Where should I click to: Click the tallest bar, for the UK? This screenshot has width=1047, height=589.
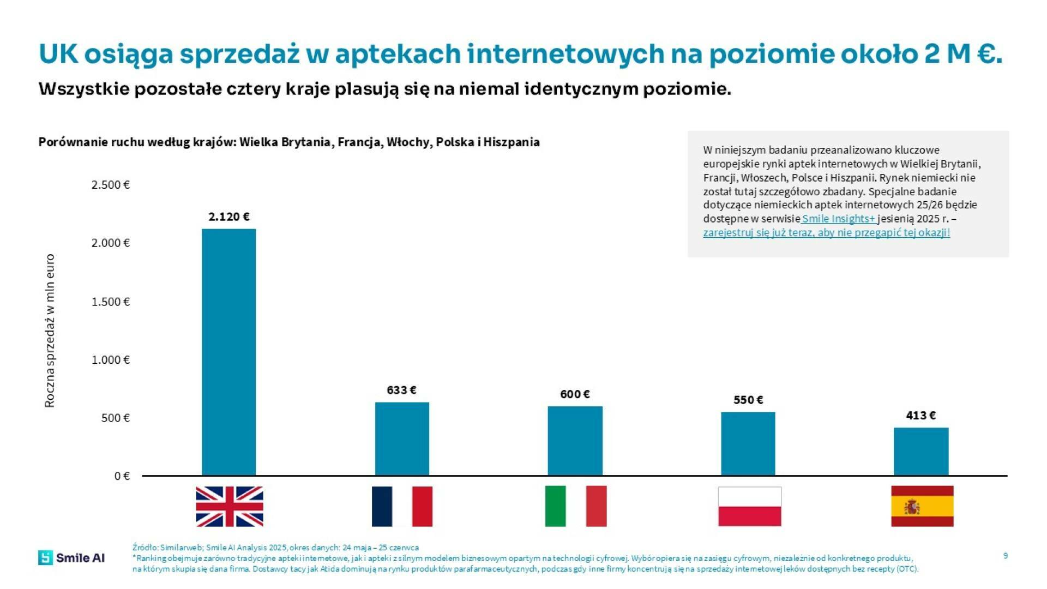228,352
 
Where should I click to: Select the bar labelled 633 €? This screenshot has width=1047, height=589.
402,438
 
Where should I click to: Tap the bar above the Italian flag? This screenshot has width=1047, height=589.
575,441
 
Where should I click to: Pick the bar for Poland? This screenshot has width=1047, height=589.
748,443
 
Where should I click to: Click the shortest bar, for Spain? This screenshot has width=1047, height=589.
920,451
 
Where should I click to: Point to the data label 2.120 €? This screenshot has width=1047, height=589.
228,217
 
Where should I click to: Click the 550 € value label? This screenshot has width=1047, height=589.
748,400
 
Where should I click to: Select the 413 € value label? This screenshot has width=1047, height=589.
920,415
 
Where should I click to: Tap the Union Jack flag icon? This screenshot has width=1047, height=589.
229,506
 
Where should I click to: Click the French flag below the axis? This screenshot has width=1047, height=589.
402,506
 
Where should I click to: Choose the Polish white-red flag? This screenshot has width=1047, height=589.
749,506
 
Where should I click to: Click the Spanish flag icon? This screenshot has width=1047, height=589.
922,506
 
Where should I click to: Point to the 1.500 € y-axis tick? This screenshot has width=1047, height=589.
110,302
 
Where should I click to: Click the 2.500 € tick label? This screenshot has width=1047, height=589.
110,185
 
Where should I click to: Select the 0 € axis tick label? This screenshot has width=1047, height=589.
122,476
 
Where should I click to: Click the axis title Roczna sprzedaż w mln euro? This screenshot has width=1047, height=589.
50,330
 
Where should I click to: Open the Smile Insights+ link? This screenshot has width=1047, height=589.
838,219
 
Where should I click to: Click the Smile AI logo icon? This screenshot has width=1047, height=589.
46,557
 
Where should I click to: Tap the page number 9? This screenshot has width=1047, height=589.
1005,556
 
